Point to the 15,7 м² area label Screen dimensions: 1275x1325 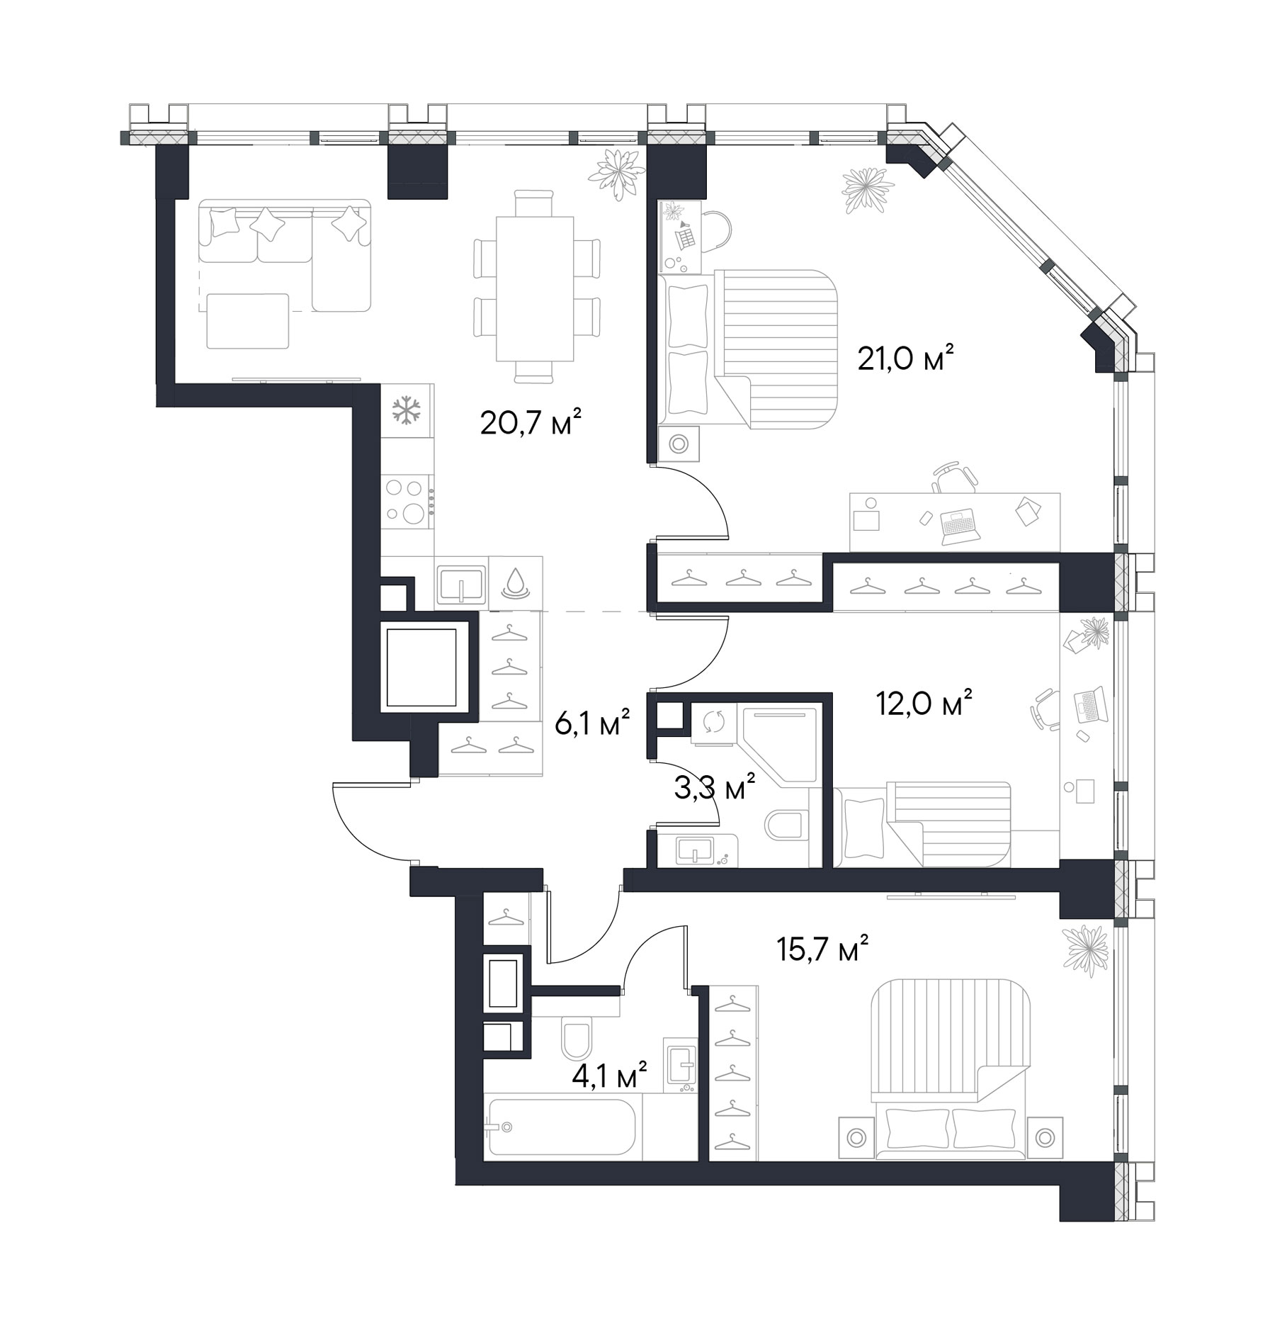822,949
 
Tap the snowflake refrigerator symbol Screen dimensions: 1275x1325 407,411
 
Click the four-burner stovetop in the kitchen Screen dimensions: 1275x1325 407,502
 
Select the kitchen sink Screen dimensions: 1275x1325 461,584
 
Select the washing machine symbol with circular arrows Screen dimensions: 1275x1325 713,723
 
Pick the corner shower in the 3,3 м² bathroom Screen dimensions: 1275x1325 779,744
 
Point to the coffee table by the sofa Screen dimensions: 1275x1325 248,321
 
